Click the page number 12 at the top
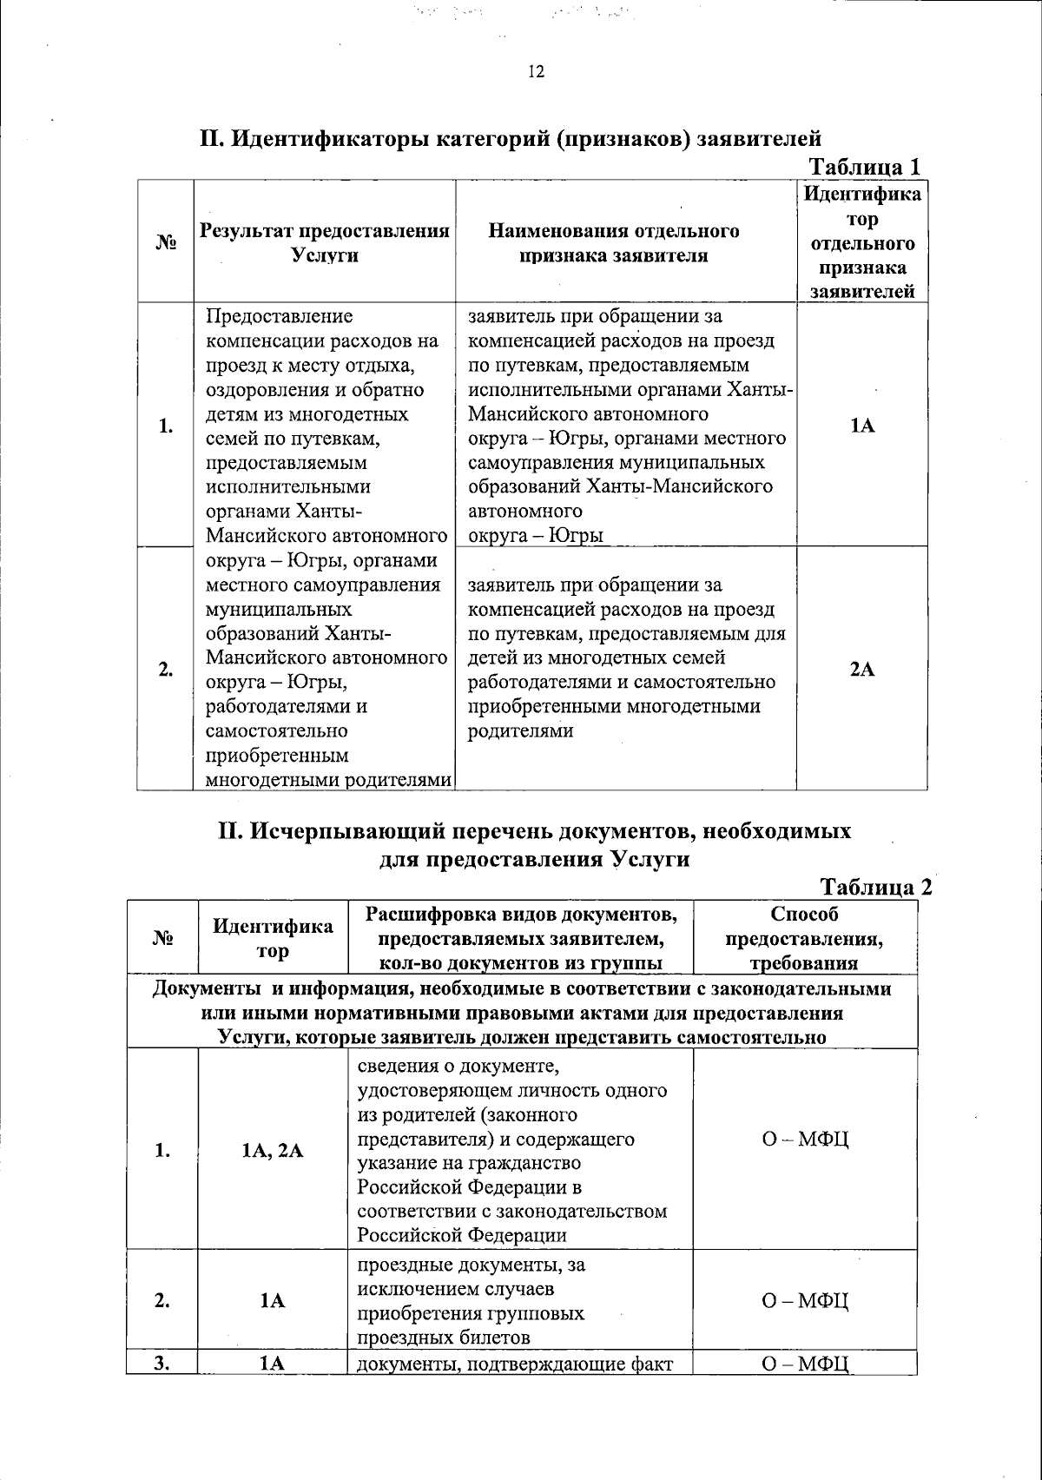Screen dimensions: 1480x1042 click(x=535, y=72)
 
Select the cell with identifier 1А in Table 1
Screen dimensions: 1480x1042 click(x=861, y=426)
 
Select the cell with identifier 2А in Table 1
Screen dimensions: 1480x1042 click(x=861, y=670)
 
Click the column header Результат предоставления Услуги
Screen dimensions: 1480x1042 click(x=324, y=242)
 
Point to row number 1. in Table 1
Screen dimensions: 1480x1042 click(x=165, y=426)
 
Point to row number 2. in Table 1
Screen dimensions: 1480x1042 click(x=165, y=670)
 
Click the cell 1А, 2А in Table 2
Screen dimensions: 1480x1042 click(x=273, y=1151)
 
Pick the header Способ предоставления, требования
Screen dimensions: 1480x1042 click(x=804, y=938)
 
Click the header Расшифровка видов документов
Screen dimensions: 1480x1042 click(x=521, y=915)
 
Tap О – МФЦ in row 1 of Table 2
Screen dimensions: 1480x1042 click(x=804, y=1139)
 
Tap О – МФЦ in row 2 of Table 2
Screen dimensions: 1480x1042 click(x=804, y=1300)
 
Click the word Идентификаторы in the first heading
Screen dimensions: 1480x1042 click(x=329, y=138)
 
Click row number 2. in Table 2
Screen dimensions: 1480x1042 click(x=162, y=1300)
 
